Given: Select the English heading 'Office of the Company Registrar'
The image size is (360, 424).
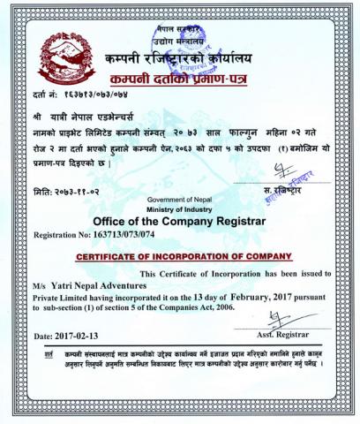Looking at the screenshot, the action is pos(177,223).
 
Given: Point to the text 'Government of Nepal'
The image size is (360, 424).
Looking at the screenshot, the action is pos(177,201).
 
